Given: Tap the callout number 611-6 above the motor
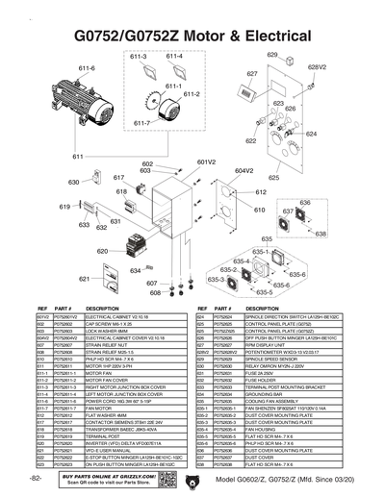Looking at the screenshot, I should pyautogui.click(x=87, y=68).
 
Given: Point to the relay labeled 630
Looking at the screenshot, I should pyautogui.click(x=92, y=183).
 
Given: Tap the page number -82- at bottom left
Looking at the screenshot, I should pyautogui.click(x=36, y=478).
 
